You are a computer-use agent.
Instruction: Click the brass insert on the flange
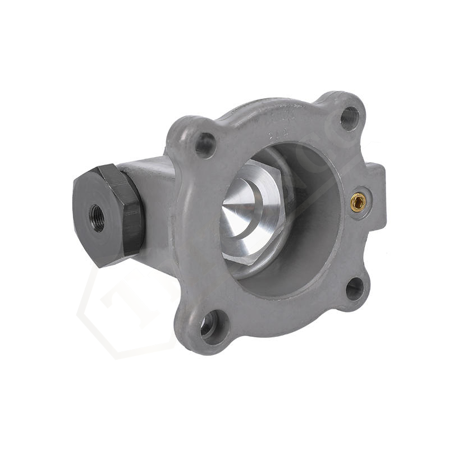pos(358,201)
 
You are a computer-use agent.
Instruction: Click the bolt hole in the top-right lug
pos(349,118)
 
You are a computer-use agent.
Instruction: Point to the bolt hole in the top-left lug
pos(205,144)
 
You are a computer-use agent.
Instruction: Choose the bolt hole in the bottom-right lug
pos(354,288)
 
